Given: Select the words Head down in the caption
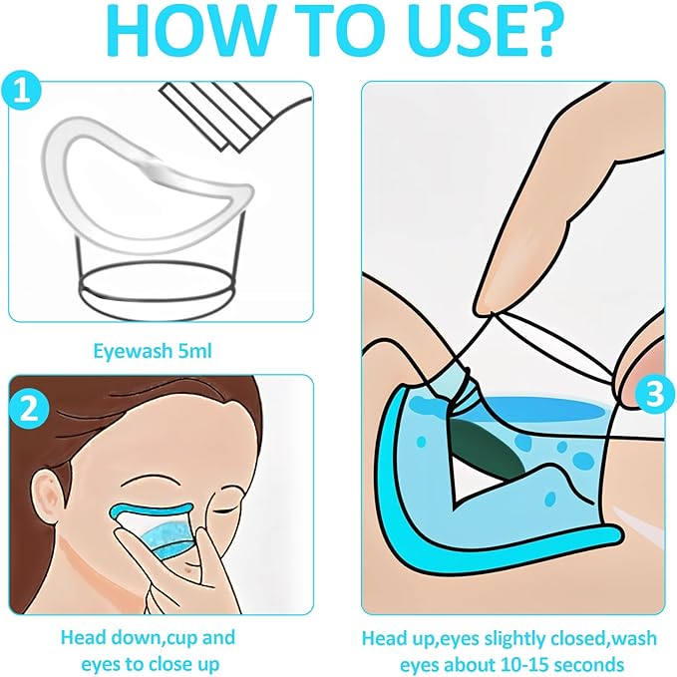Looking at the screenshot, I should pos(99,636).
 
